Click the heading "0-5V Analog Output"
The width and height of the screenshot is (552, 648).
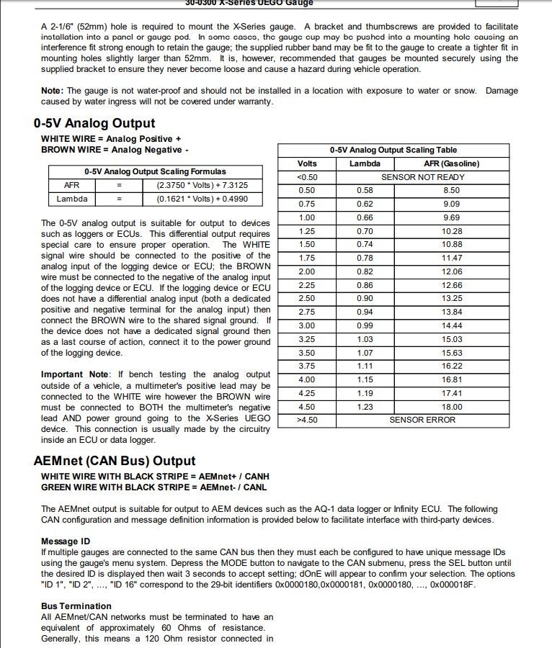tap(94, 123)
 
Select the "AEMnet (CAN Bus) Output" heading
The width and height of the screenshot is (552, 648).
tap(115, 461)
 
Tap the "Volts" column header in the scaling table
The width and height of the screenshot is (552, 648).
tap(306, 163)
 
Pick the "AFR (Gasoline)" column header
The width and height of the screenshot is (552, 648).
tap(451, 163)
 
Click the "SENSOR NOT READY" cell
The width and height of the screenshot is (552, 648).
tap(422, 177)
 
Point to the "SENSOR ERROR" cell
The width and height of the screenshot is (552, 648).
tap(422, 420)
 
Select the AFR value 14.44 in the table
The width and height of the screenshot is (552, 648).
tap(452, 325)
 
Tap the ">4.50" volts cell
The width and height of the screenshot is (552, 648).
tap(306, 420)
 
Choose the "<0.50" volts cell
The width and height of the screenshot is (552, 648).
tap(306, 177)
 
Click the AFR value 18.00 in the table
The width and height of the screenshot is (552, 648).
tap(452, 407)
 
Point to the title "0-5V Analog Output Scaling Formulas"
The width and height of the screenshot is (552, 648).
tap(155, 171)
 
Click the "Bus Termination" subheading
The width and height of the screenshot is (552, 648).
tap(76, 606)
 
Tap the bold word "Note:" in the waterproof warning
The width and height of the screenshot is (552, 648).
tap(52, 91)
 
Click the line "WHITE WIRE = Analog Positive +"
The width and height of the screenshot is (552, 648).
tap(111, 138)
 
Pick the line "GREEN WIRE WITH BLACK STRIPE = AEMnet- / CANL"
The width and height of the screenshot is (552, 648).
tap(153, 487)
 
